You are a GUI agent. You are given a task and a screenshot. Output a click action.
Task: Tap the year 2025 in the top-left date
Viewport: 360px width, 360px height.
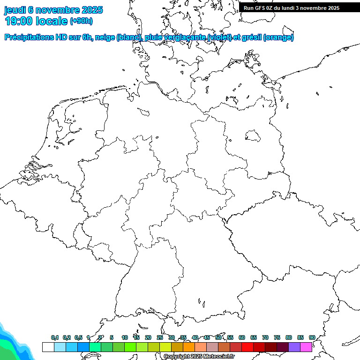(92, 10)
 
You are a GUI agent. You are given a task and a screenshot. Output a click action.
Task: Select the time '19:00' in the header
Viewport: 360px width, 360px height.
(19, 21)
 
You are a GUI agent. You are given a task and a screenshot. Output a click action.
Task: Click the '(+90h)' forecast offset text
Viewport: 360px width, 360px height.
(81, 21)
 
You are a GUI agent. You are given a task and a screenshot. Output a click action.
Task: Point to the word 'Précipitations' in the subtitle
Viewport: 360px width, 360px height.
(29, 37)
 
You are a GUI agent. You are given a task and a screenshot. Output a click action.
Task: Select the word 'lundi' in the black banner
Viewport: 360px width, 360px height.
(296, 8)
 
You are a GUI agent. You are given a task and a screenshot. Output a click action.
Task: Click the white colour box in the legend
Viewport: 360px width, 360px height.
(48, 347)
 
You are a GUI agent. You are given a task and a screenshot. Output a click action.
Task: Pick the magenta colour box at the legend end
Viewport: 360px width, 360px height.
(306, 347)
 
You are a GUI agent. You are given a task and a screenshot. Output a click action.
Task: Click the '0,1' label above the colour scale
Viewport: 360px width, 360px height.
(55, 337)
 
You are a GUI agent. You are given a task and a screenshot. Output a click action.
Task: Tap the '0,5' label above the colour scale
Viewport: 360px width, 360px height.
(78, 337)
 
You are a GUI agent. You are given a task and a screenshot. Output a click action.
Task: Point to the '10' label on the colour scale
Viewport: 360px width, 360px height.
(125, 337)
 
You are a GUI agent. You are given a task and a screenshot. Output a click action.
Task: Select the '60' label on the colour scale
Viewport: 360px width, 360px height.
(242, 337)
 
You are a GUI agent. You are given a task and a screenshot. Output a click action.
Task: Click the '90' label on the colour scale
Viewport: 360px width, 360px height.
(312, 337)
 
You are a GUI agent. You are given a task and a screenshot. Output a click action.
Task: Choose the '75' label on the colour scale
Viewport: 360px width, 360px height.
(277, 337)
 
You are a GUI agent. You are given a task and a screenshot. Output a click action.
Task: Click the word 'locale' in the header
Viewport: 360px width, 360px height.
(52, 21)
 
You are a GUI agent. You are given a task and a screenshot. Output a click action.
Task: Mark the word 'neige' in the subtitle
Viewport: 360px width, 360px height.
(105, 37)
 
